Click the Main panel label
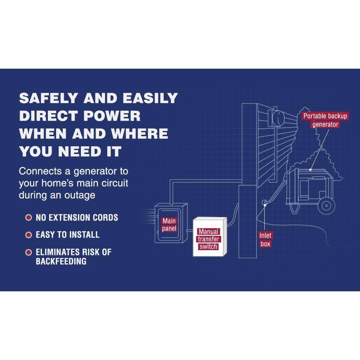click(169, 225)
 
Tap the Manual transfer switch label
click(208, 239)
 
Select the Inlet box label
click(265, 239)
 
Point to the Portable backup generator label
click(325, 120)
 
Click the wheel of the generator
click(326, 206)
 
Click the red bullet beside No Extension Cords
click(29, 217)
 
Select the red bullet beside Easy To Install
click(29, 235)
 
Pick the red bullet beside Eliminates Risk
click(29, 252)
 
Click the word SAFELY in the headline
click(49, 98)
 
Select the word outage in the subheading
click(80, 195)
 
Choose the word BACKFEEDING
click(61, 261)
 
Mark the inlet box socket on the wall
click(265, 202)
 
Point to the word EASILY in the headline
click(150, 98)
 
